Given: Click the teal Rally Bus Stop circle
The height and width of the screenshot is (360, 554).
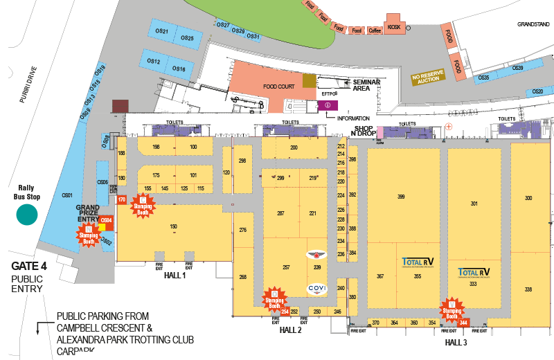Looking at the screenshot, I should coord(26,215).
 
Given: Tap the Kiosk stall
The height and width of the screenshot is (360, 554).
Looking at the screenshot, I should coord(394,26).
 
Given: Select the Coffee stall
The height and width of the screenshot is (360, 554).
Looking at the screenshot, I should coord(375,30).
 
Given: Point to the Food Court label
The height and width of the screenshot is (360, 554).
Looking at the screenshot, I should coord(278,87).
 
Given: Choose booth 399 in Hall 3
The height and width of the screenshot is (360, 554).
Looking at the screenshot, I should coord(401,197).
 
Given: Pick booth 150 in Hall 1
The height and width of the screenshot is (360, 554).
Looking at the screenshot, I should coord(174,226).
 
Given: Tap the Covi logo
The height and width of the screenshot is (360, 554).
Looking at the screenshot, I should coord(316,289).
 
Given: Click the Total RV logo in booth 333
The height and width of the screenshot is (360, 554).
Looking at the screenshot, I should coord(474,272).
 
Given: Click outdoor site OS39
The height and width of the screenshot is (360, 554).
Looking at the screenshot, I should coord(517,68).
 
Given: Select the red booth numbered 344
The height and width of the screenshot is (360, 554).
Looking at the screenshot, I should coord(464,322).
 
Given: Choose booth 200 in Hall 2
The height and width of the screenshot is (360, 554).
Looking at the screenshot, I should coord(294,147).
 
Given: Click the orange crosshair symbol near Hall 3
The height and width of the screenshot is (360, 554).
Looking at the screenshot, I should coord(449,126).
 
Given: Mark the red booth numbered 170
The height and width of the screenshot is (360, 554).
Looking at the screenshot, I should coord(122,199).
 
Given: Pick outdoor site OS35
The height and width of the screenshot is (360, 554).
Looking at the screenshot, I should coord(484,78).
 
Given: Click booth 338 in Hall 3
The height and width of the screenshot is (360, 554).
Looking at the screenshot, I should coord(528,289).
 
